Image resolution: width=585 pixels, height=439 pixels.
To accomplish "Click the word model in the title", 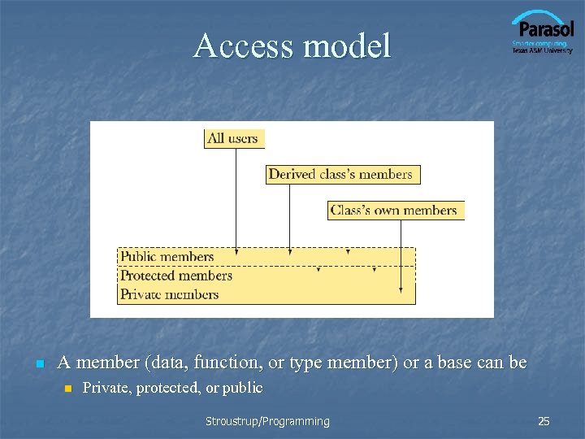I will [347, 46].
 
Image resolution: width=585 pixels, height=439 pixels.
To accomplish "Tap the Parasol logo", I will [542, 28].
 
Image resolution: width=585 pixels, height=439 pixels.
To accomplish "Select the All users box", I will [234, 138].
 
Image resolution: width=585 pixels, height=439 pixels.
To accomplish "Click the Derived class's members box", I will [342, 174].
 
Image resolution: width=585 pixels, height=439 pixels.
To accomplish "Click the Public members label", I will [167, 257].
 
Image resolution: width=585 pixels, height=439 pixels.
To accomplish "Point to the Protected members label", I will [176, 276].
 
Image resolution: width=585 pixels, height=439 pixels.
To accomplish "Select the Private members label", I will [170, 294].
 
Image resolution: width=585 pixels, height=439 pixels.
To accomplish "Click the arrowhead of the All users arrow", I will [236, 252].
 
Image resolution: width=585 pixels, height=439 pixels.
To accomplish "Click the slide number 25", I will [544, 421].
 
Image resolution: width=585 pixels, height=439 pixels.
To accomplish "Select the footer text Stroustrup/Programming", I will [267, 421].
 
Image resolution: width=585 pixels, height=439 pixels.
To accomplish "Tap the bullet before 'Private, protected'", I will [68, 389].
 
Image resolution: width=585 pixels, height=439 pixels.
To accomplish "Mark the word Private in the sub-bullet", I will [107, 389].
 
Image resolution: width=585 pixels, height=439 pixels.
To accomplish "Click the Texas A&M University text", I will [542, 50].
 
